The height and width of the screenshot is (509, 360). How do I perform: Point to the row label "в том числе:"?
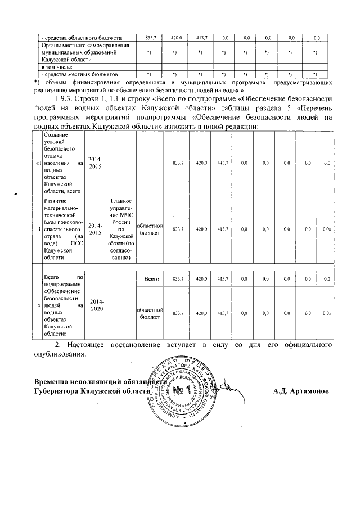[x=58, y=67]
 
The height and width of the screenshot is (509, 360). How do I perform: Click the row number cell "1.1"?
[x=37, y=229]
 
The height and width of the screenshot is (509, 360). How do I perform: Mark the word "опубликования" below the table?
[x=60, y=355]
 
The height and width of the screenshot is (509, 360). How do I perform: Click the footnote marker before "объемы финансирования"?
[x=37, y=83]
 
